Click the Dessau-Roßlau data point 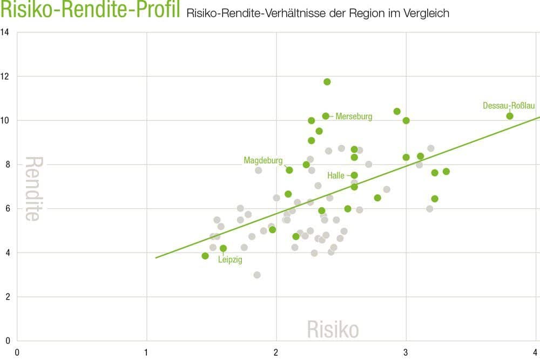[509, 116]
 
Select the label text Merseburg [354, 117]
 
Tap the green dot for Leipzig [223, 248]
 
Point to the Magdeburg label [263, 160]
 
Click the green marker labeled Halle [354, 175]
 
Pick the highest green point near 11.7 [327, 82]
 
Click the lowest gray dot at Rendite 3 [257, 275]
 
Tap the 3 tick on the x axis [406, 352]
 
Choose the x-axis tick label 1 [146, 352]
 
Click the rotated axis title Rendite [33, 189]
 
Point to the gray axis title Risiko [333, 329]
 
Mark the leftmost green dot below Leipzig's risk [205, 256]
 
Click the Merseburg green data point [326, 116]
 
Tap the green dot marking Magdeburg [289, 170]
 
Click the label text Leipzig [230, 260]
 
